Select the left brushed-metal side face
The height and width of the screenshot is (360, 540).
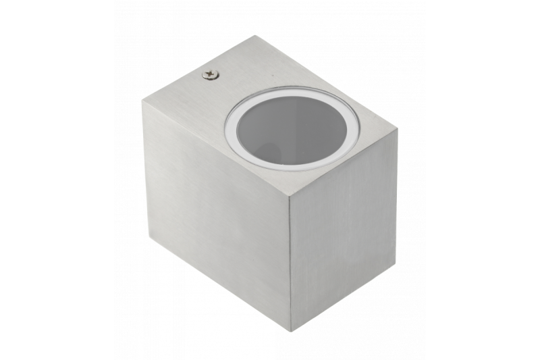pos(216,216)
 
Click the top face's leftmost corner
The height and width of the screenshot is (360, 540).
pos(142,101)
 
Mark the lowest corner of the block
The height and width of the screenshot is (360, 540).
pos(291,331)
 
